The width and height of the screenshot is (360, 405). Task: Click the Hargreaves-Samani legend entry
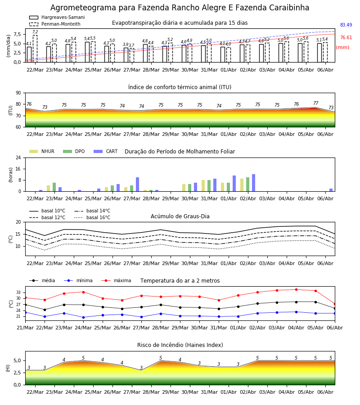(x=57, y=17)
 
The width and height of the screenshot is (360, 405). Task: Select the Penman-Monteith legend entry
(x=55, y=24)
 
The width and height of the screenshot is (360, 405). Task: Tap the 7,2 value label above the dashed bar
(x=35, y=32)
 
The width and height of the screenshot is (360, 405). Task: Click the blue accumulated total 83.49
(x=346, y=25)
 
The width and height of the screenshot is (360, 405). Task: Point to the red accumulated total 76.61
(x=346, y=37)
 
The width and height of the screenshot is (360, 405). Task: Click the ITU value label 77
(x=315, y=103)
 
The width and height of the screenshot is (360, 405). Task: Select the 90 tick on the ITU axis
(x=18, y=93)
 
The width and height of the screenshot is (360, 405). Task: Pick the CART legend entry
(x=106, y=151)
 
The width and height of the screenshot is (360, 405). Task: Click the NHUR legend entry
(x=42, y=151)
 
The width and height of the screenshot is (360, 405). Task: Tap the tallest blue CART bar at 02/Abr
(x=254, y=183)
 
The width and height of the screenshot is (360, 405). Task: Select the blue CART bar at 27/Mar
(x=137, y=184)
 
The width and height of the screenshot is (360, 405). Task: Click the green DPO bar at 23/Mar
(x=54, y=187)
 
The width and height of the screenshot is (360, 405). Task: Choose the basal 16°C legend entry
(x=92, y=217)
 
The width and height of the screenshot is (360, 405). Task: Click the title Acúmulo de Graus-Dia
(x=180, y=216)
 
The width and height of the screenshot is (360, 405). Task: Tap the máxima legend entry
(x=116, y=280)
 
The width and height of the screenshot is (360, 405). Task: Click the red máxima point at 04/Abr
(x=296, y=289)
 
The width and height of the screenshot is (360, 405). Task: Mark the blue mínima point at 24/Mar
(x=83, y=317)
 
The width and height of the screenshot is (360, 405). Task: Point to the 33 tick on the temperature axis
(x=18, y=292)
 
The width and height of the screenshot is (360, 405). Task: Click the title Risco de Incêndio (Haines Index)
(x=180, y=345)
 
